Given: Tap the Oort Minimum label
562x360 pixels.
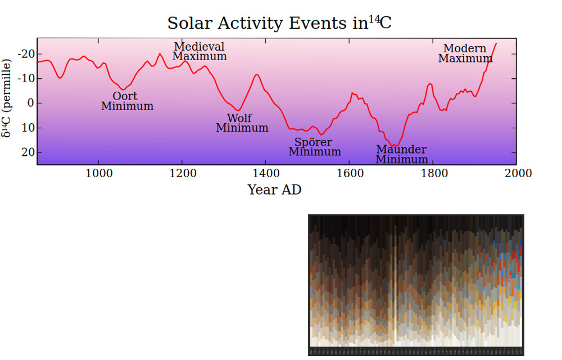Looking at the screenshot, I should (127, 101).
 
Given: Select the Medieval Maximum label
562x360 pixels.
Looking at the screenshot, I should (200, 51).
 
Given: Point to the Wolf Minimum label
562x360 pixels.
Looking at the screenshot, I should (242, 123).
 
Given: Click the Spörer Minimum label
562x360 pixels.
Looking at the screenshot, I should (314, 147).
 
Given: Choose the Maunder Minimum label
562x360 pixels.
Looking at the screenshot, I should (401, 154).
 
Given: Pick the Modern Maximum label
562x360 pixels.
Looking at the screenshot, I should (465, 53).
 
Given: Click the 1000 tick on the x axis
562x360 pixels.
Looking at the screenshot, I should (98, 173).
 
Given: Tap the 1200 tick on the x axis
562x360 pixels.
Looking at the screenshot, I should (182, 173).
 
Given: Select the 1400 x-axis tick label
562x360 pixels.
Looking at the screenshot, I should (266, 173).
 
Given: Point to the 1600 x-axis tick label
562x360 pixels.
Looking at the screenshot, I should (350, 173).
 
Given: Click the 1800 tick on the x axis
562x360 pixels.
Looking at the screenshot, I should (433, 173).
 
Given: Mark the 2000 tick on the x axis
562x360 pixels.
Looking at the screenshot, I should (517, 173).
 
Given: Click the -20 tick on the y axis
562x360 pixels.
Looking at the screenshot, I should (26, 54).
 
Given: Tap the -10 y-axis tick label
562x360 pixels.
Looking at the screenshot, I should (26, 79).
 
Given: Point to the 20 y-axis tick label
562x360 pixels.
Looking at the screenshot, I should (28, 152).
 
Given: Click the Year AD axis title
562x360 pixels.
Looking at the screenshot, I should (274, 190).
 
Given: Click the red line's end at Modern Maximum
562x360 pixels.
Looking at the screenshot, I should (496, 43).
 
